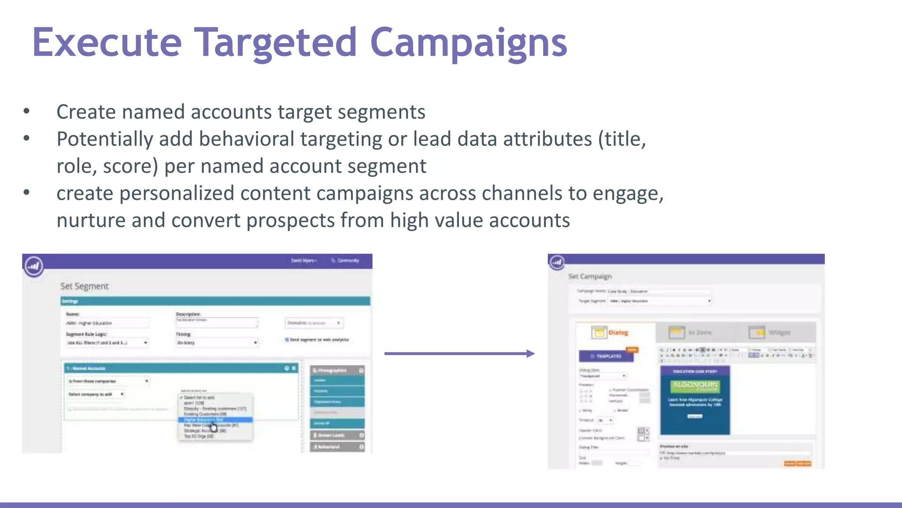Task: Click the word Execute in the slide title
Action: point(107,43)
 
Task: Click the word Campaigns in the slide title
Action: point(469,43)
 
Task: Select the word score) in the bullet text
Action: point(130,166)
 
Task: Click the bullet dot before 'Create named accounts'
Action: point(26,112)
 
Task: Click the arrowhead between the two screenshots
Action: point(530,353)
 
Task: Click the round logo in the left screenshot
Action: point(34,266)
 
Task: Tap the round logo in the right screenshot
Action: point(557,262)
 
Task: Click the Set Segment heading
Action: point(84,286)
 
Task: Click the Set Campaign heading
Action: point(590,276)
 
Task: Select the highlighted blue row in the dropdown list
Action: point(215,420)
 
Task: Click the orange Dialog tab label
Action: point(618,332)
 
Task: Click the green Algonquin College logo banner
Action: point(695,386)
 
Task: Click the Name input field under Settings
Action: point(107,323)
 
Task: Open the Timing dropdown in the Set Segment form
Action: point(217,343)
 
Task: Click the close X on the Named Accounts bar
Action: point(294,368)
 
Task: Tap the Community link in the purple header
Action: point(347,261)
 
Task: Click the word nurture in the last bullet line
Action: point(91,220)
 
